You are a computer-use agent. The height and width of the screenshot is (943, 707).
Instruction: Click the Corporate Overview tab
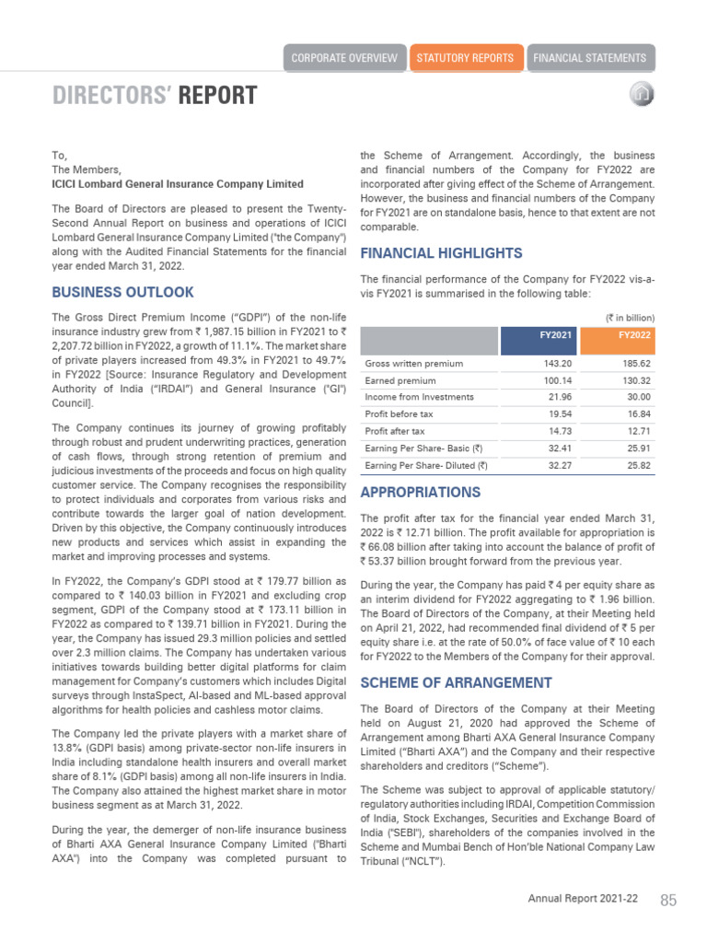344,58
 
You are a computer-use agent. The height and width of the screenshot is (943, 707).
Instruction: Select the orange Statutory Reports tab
466,58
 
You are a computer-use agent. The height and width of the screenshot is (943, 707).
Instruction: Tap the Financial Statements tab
590,58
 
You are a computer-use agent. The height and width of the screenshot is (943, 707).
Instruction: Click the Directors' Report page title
155,96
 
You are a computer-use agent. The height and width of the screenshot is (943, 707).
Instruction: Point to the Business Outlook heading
122,292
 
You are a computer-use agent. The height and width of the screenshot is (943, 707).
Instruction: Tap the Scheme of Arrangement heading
456,682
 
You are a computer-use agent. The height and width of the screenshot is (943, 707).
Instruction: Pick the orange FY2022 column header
634,335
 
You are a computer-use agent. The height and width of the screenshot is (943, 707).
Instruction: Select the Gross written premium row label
413,364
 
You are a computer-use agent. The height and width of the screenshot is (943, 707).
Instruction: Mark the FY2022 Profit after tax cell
638,431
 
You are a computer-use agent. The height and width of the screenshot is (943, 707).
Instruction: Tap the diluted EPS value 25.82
638,466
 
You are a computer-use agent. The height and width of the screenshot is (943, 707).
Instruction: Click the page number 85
668,900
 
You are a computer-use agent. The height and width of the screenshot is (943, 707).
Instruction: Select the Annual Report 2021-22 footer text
583,900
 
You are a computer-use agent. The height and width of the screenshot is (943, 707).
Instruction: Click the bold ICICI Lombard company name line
178,184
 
